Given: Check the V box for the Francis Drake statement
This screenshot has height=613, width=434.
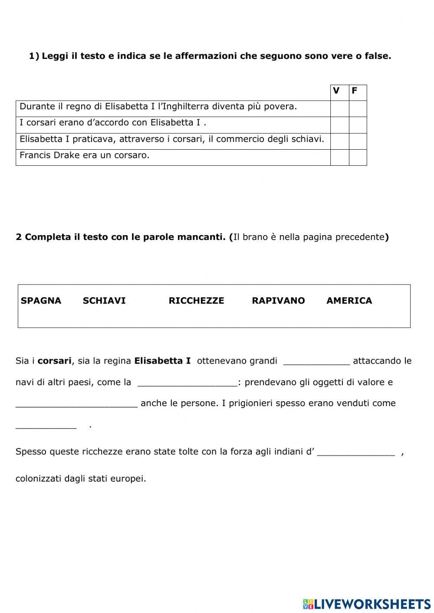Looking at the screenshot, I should [x=339, y=157].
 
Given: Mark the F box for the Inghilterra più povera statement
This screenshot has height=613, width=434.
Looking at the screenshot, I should [x=358, y=108].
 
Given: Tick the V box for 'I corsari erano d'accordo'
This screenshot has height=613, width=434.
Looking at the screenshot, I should [x=339, y=125].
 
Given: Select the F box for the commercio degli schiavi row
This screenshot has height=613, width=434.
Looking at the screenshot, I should [x=358, y=141].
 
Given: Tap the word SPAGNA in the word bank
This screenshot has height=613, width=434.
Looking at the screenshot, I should [x=41, y=301].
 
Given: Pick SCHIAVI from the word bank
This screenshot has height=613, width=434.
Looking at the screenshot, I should [x=104, y=301].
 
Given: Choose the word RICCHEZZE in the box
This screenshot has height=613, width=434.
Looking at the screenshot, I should [x=196, y=301].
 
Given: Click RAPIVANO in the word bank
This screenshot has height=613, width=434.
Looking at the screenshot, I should [x=278, y=301].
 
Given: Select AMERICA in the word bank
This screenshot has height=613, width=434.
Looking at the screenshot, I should [x=349, y=301].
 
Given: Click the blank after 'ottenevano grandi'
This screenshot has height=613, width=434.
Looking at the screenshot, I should [x=316, y=362].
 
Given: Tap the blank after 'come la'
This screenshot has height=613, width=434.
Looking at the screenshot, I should [x=187, y=384].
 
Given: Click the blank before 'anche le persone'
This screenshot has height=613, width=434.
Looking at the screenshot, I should [x=76, y=404].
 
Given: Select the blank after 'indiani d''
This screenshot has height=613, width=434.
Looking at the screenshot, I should [x=356, y=453].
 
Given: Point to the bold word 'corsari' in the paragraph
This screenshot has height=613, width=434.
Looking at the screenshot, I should [x=54, y=361].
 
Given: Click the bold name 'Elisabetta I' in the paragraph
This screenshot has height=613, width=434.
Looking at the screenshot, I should [x=162, y=361].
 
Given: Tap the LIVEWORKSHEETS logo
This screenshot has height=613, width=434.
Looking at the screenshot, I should [x=367, y=603].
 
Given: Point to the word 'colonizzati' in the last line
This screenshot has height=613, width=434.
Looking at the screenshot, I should [x=39, y=479].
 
